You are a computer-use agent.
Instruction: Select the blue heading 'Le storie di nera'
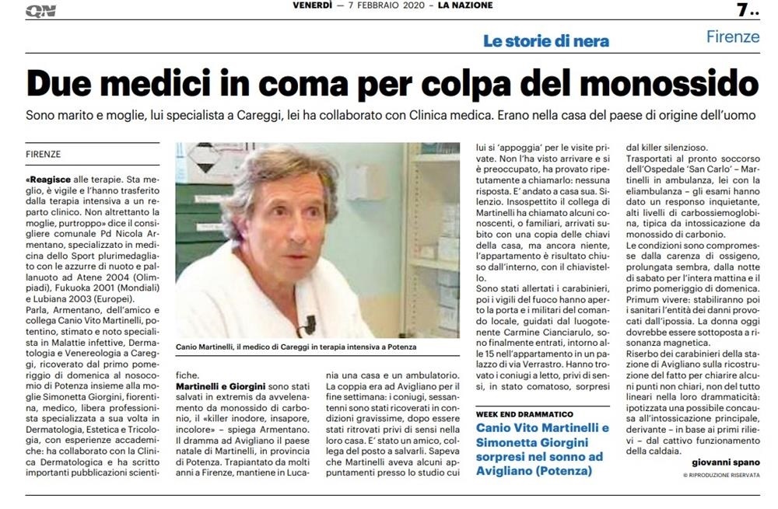tap(545, 41)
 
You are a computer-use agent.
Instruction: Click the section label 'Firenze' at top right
tap(733, 36)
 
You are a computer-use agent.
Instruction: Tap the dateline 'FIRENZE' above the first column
tap(43, 154)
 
